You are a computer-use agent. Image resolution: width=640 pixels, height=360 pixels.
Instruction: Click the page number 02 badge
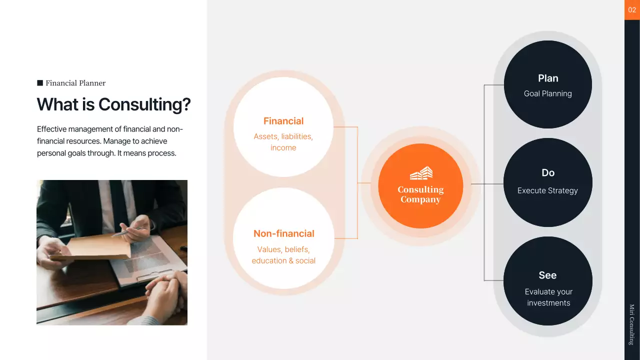coord(632,10)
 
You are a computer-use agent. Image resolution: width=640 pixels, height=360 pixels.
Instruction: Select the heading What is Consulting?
coord(113,104)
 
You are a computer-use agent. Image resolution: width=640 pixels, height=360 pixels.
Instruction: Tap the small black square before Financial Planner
coord(40,83)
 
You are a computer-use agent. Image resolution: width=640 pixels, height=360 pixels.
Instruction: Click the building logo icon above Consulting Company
coord(421,173)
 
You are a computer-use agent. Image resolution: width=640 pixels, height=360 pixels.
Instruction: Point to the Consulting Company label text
coord(420,194)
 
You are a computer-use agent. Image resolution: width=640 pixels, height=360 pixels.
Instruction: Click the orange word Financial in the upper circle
coord(283,121)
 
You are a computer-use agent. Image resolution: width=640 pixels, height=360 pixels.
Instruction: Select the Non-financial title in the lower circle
coord(283,233)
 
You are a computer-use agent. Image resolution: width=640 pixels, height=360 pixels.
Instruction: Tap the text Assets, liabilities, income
coord(283,142)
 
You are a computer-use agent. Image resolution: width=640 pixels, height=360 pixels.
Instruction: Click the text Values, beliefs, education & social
coord(283,255)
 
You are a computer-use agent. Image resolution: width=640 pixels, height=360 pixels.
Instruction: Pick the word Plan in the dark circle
coord(548,78)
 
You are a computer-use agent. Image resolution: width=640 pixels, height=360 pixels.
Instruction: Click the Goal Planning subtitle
coord(547,93)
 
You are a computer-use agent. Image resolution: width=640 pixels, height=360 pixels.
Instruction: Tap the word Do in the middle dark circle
coord(548,173)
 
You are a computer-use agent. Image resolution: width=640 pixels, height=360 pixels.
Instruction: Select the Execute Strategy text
coord(547,190)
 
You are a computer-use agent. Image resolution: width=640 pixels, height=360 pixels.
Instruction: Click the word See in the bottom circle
coord(547,275)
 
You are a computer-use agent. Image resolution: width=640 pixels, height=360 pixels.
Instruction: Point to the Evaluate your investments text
coord(548,297)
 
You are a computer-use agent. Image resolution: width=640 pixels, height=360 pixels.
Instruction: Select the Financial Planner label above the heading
coord(75,83)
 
